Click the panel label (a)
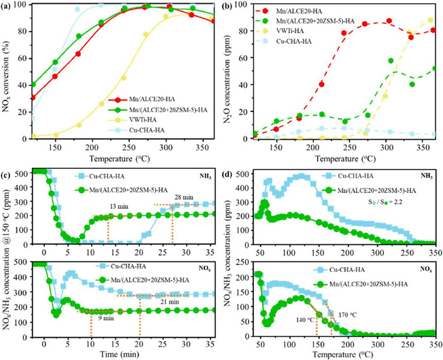(8, 7)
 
